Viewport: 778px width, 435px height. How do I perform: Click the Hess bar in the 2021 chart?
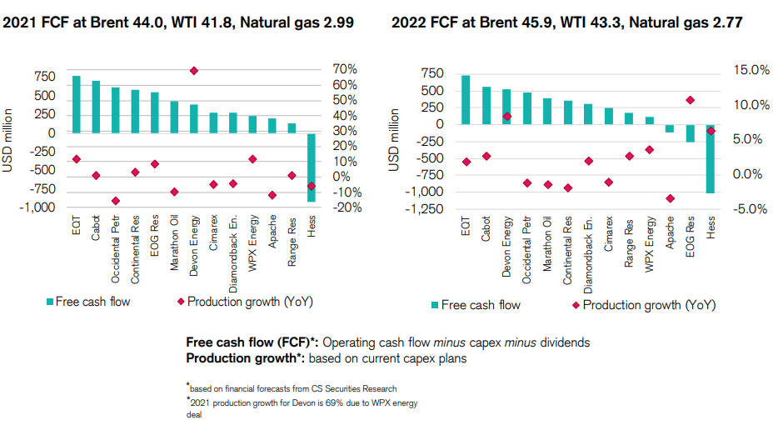pos(312,167)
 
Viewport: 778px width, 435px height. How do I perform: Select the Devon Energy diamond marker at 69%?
pos(194,71)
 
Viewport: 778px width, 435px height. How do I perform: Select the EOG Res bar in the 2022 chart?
pos(690,133)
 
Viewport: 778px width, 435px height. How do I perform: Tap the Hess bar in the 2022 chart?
pos(711,158)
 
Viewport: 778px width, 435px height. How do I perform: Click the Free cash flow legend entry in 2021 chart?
pos(87,301)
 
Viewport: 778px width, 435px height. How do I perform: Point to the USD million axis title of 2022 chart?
pos(394,139)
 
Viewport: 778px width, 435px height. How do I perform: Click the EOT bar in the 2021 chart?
pos(76,104)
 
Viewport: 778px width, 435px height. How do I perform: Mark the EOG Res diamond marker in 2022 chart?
pos(690,100)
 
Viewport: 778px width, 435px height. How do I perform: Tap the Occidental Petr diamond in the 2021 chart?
pos(116,201)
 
